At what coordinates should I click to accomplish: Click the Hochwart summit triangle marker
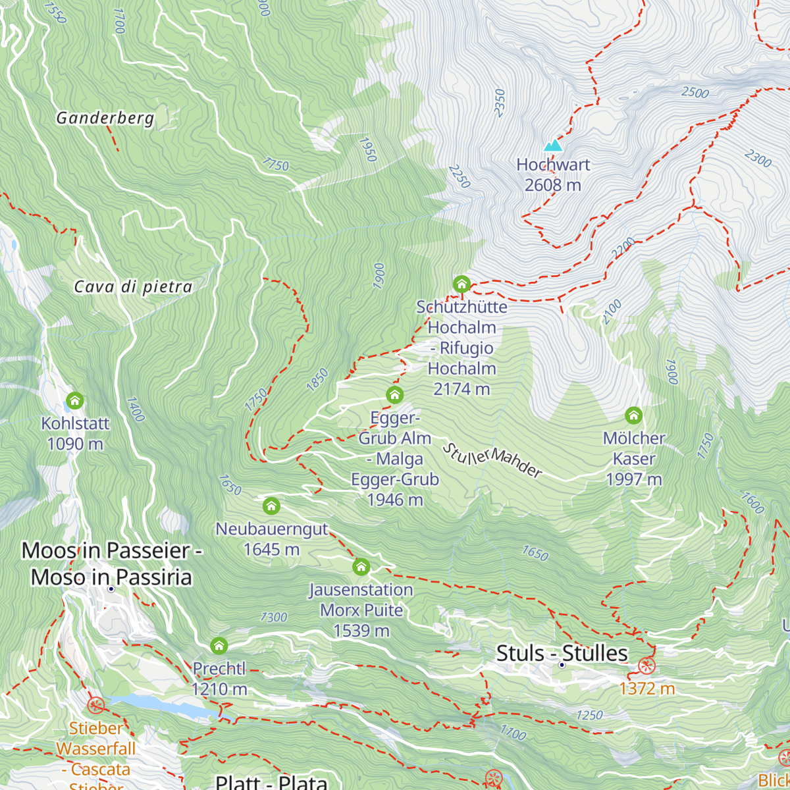[553, 145]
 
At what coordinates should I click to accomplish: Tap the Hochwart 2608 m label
[553, 174]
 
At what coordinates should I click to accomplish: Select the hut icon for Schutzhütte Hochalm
[461, 284]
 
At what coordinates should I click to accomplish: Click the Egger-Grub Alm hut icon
[394, 395]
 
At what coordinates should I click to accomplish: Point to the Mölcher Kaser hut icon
[633, 415]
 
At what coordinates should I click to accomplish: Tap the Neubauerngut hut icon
[271, 506]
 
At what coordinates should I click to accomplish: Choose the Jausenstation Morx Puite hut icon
[361, 567]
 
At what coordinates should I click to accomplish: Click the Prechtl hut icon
[219, 646]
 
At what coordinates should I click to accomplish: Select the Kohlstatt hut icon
[75, 400]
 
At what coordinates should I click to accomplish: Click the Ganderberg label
[105, 118]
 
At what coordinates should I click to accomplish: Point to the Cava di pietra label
[133, 287]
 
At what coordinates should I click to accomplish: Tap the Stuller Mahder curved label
[492, 460]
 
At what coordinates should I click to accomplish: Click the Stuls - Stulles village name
[562, 653]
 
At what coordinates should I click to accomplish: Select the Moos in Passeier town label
[111, 564]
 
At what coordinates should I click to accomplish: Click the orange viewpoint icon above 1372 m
[646, 666]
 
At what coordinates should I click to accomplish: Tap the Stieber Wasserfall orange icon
[96, 706]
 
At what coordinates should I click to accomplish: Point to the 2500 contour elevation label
[695, 92]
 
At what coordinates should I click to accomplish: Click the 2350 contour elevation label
[500, 103]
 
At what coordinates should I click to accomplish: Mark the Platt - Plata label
[271, 782]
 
